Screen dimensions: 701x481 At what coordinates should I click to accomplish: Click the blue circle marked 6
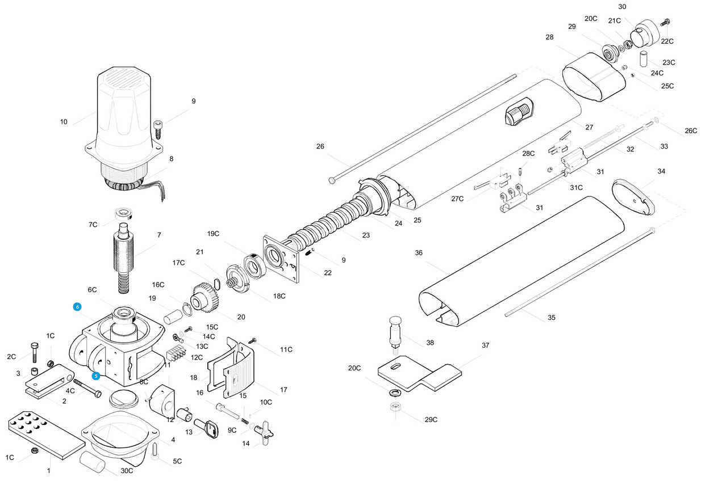pos(77,307)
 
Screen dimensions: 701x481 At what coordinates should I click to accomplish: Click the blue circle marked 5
pos(96,376)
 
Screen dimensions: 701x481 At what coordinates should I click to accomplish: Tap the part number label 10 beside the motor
pos(64,122)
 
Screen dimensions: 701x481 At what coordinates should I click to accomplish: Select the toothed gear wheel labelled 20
pos(205,297)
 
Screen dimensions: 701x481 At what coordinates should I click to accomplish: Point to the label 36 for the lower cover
pos(419,252)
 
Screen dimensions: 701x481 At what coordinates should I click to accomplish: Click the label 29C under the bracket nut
pos(431,419)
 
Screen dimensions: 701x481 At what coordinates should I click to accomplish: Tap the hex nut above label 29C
pos(395,407)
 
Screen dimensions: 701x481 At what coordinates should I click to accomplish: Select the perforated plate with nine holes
pos(47,435)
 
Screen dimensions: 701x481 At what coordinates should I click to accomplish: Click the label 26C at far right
pos(691,130)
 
